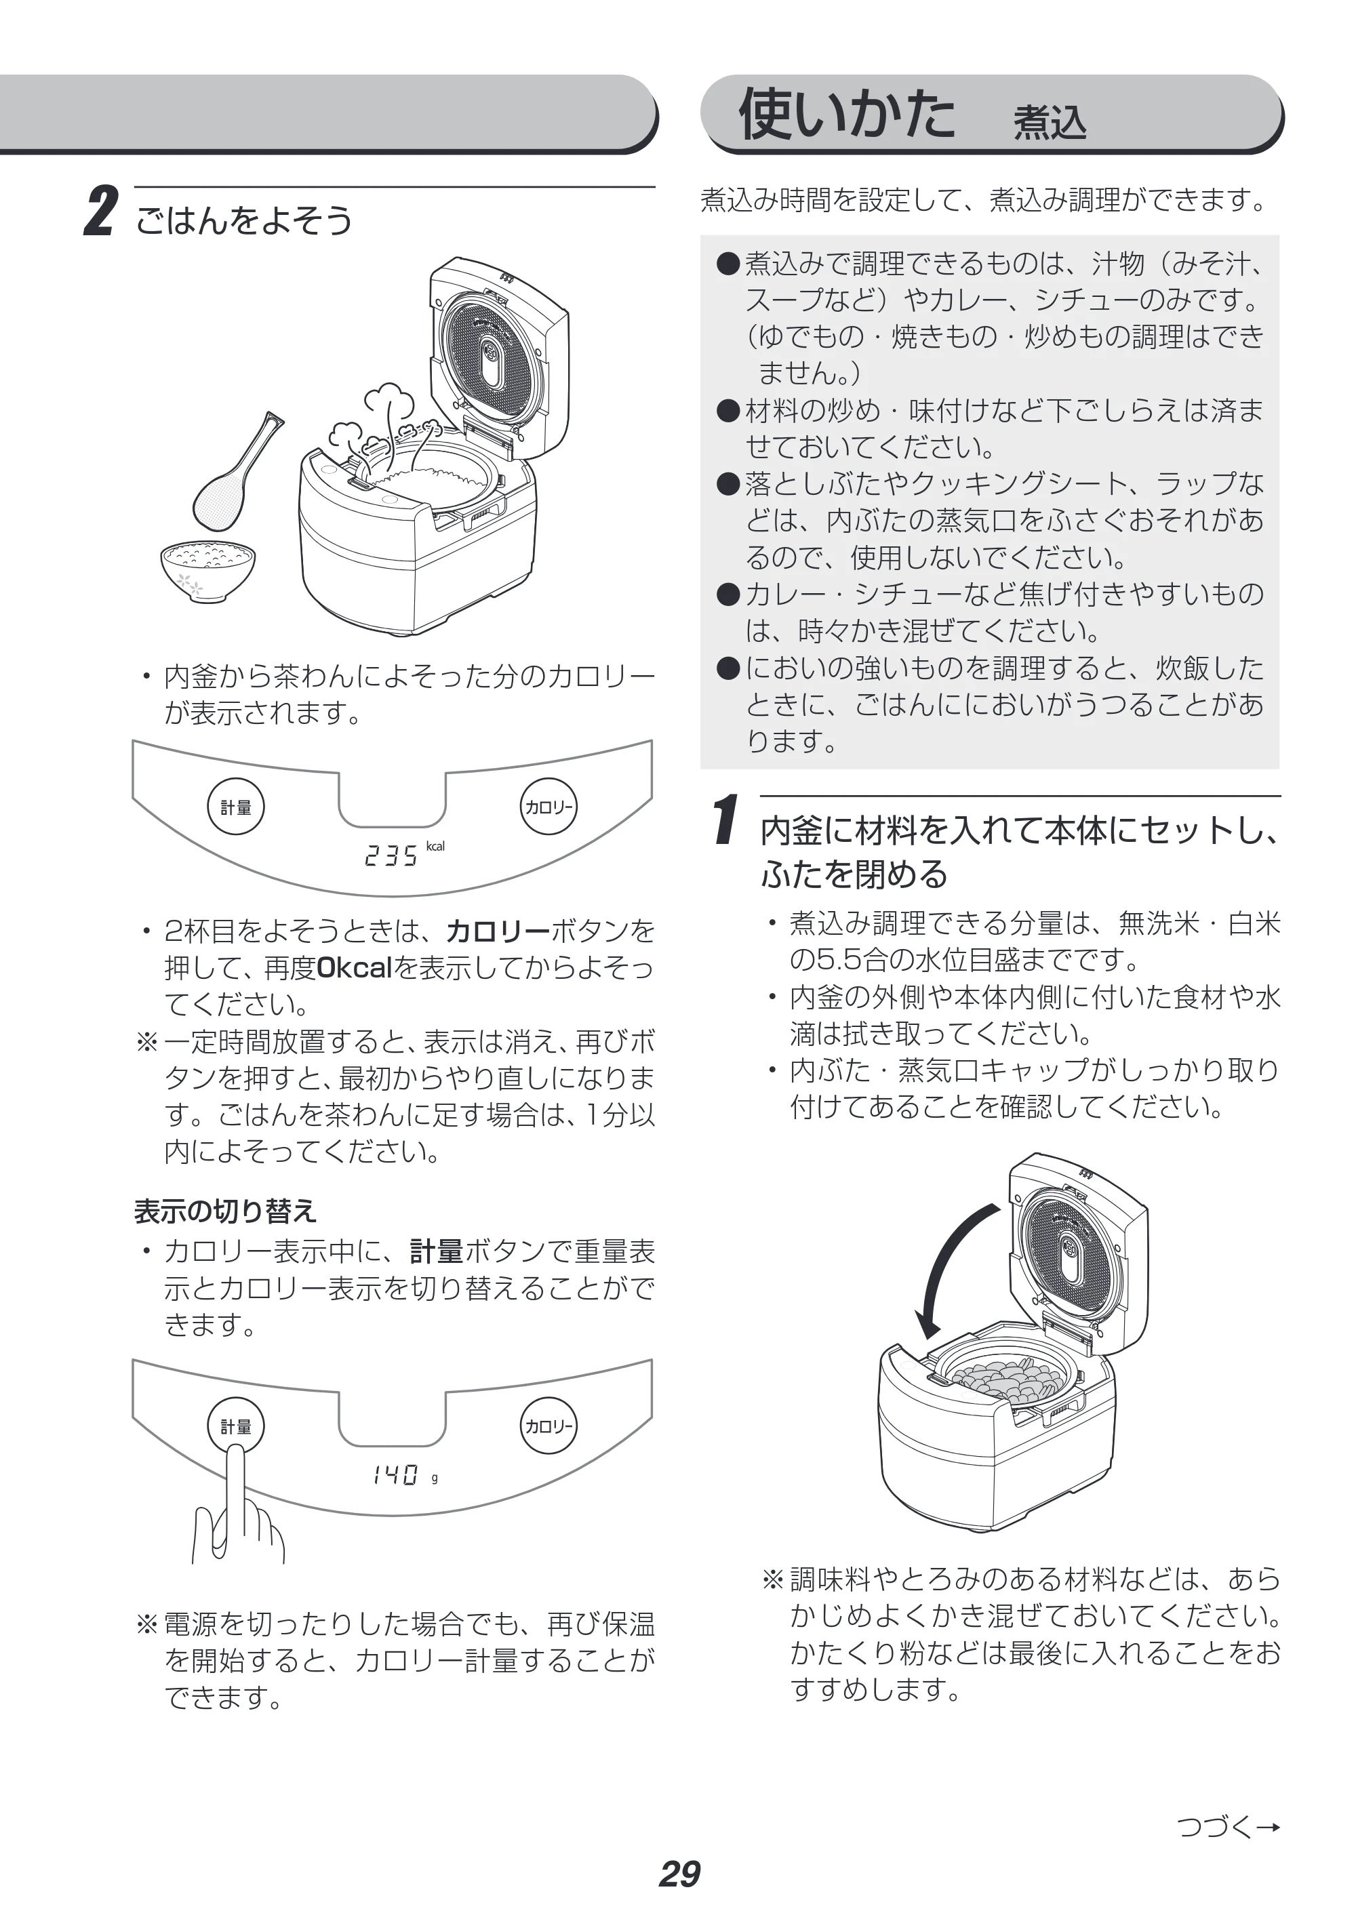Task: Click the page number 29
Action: coord(679,1874)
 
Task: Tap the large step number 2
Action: coord(101,213)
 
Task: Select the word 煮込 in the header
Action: coord(1050,123)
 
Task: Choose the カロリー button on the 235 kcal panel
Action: coord(549,807)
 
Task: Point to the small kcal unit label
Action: coord(435,847)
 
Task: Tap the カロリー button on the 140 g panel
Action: coord(549,1426)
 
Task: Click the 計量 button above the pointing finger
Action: coord(235,1426)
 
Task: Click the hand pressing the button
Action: coord(237,1511)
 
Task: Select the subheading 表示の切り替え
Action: coord(226,1211)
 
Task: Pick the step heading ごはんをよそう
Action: coord(244,220)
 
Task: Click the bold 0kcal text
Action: coord(355,967)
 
